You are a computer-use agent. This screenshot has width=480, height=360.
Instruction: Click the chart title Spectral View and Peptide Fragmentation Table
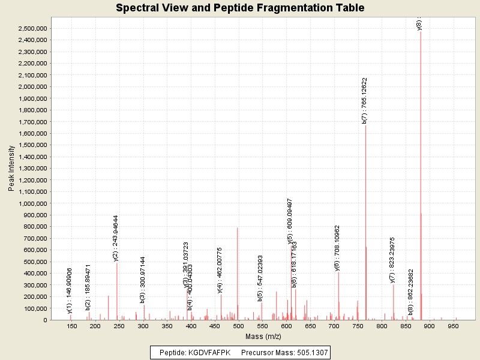(x=240, y=8)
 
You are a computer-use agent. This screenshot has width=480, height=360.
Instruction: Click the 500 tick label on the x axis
(x=239, y=326)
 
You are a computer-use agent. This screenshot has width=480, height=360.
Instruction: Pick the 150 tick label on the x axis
(x=72, y=326)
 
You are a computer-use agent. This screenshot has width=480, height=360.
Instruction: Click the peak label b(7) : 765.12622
(x=365, y=100)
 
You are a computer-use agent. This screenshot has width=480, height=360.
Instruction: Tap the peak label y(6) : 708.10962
(x=337, y=248)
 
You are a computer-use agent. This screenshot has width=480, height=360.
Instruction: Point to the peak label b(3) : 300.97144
(x=143, y=280)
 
